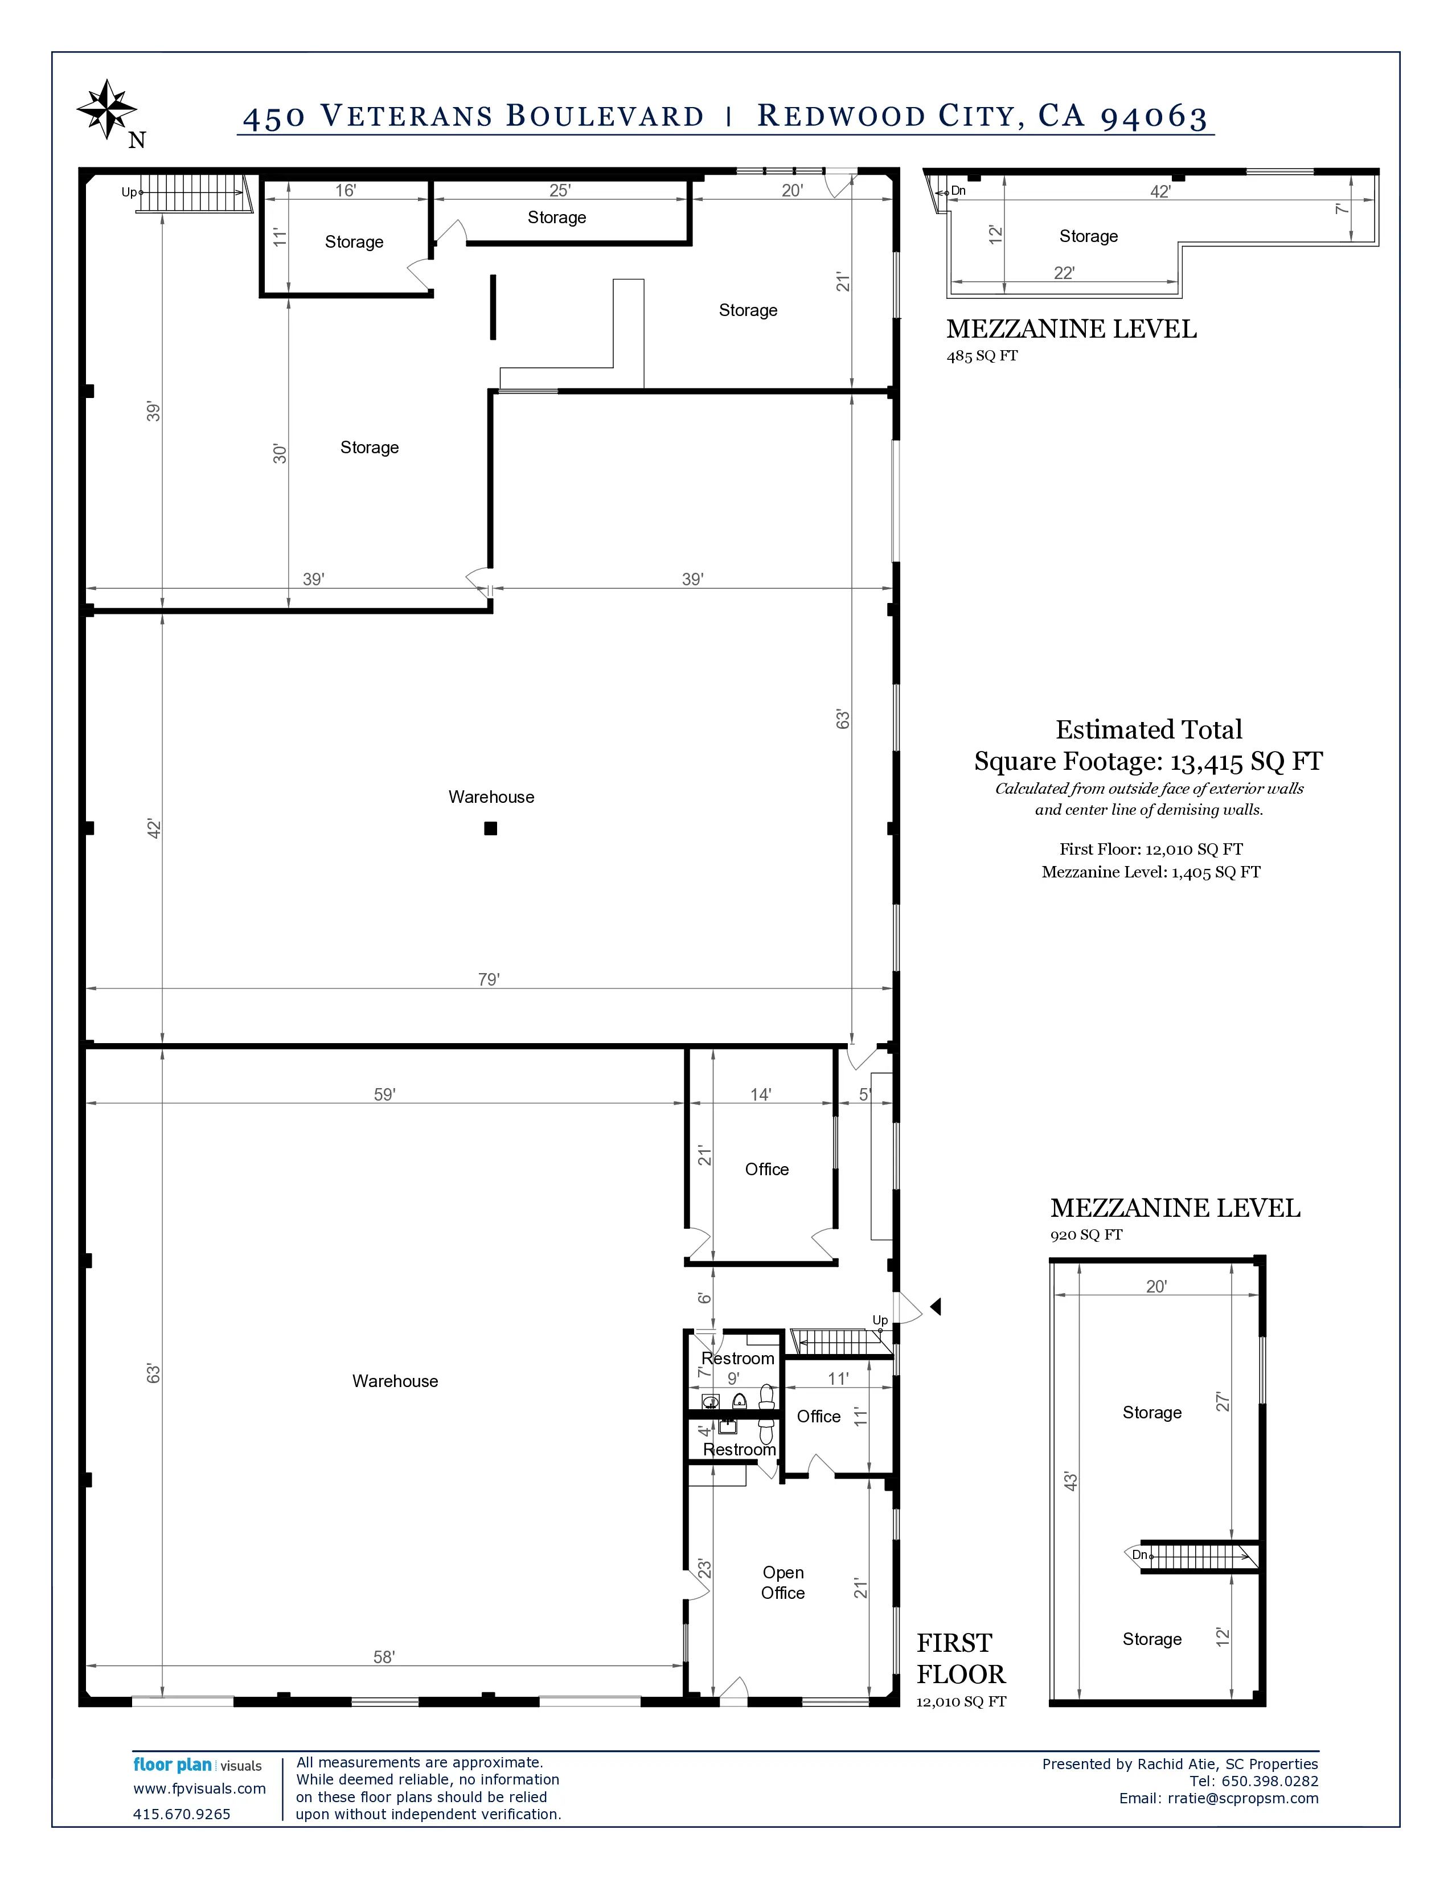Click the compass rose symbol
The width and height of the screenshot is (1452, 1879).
click(x=106, y=109)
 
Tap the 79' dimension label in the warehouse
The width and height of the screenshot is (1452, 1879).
click(x=489, y=979)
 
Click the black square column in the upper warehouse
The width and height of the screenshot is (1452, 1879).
click(x=490, y=828)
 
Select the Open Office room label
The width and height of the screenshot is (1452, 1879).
click(x=783, y=1582)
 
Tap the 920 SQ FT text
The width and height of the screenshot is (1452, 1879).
click(x=1085, y=1234)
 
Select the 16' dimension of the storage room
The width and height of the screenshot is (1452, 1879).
click(x=345, y=190)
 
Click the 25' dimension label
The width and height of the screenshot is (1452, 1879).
click(x=560, y=190)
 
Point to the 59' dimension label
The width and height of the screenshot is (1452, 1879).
click(x=384, y=1094)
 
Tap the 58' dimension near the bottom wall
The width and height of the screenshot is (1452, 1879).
click(x=384, y=1656)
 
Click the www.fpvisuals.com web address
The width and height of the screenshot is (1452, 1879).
click(x=199, y=1788)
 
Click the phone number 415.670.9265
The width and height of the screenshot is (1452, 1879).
click(x=182, y=1814)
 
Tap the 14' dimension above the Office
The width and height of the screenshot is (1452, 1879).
click(x=760, y=1094)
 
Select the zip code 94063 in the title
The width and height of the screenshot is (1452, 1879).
click(x=1154, y=116)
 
